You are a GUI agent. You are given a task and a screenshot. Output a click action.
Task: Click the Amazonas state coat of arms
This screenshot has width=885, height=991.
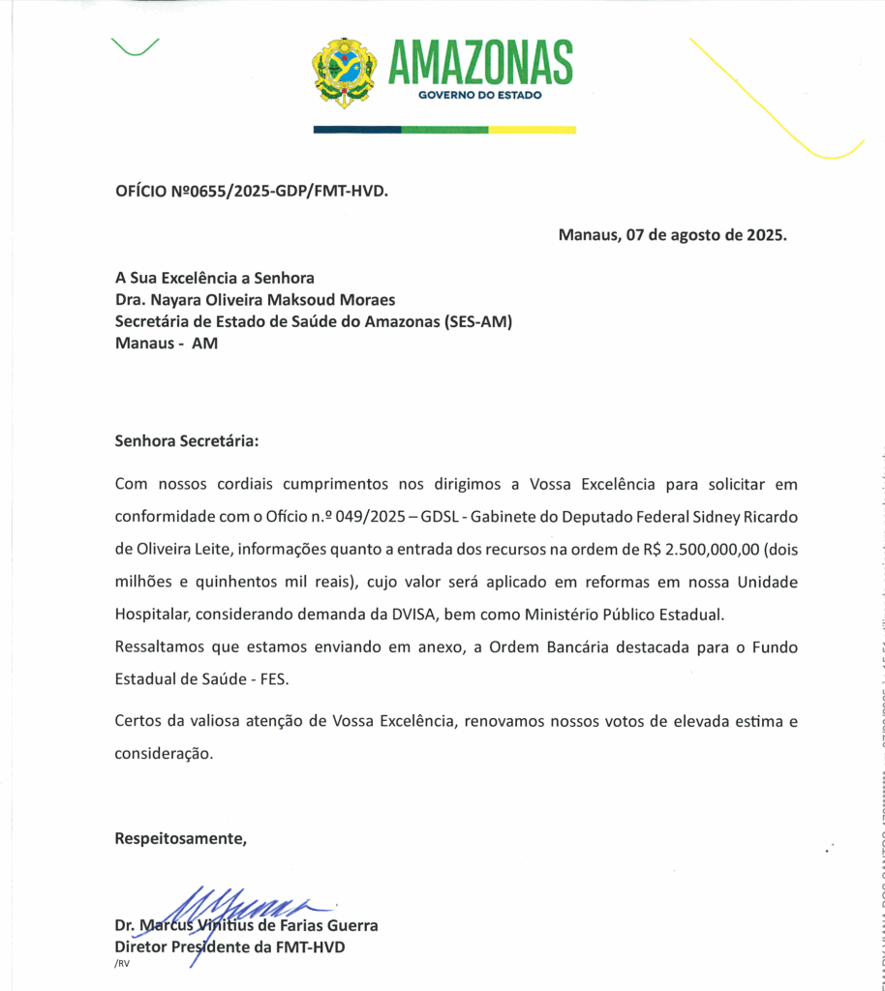[344, 73]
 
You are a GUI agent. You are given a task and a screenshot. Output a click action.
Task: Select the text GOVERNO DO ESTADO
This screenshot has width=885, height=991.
[480, 96]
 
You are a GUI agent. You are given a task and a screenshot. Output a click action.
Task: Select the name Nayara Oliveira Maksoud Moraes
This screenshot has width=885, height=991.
[272, 300]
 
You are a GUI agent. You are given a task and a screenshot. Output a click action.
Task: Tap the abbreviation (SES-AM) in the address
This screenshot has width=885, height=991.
[478, 321]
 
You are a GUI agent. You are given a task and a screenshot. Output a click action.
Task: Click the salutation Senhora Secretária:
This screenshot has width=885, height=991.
[187, 441]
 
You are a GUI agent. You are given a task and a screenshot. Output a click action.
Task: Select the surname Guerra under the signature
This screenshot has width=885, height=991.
[349, 925]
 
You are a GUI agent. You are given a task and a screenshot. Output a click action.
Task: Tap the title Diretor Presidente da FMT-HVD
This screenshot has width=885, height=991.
[229, 947]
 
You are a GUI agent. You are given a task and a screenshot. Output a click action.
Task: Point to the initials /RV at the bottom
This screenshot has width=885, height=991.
[122, 965]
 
